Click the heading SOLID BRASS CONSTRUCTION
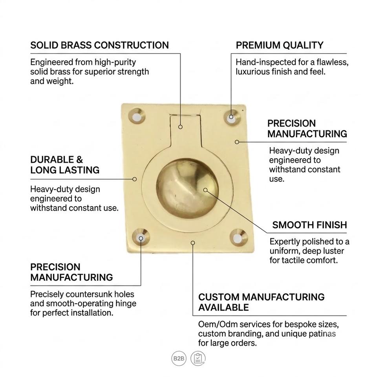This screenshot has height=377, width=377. [99, 45]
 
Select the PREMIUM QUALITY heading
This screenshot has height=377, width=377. [280, 45]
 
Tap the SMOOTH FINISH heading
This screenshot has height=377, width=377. [310, 225]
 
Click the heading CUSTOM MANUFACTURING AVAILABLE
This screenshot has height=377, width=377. [262, 302]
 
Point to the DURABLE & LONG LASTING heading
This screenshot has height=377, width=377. [65, 165]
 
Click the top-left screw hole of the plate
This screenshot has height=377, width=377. [137, 116]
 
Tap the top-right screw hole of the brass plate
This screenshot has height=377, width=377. [232, 117]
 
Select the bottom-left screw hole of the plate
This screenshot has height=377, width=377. [141, 238]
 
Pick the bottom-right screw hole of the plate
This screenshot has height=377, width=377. [238, 238]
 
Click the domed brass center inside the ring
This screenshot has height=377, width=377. [187, 188]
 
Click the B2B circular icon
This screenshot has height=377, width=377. [179, 359]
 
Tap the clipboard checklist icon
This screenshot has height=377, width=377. [198, 359]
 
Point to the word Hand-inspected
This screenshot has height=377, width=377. [266, 62]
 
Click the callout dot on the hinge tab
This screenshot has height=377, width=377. [180, 127]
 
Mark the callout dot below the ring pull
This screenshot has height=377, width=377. [193, 243]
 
